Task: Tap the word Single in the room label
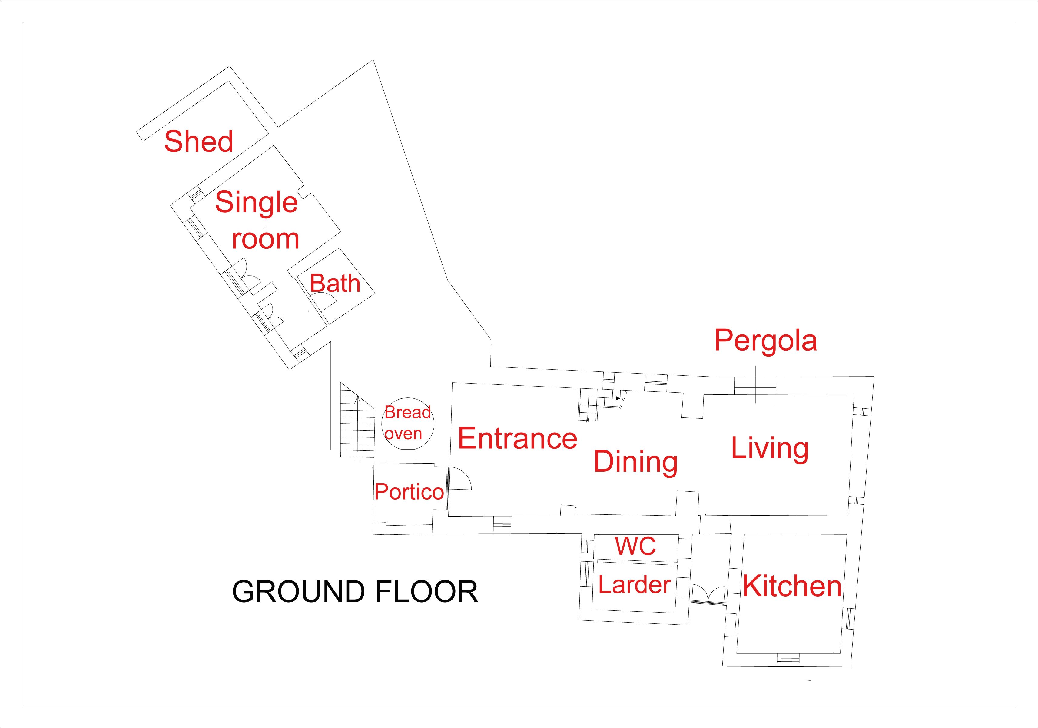(256, 203)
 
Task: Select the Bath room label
(335, 284)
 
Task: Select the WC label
(635, 546)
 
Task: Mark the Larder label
(634, 585)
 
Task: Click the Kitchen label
(792, 587)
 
